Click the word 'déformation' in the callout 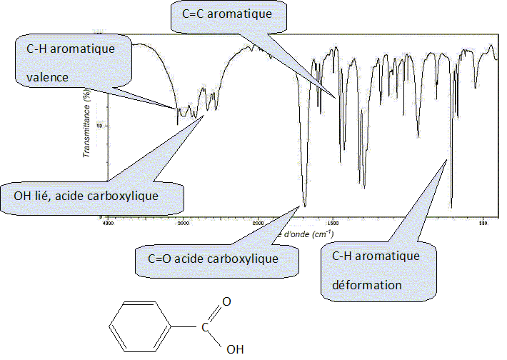pyautogui.click(x=367, y=284)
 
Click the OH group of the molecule pyautogui.click(x=234, y=350)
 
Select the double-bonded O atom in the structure pyautogui.click(x=226, y=301)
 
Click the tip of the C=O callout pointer pyautogui.click(x=300, y=206)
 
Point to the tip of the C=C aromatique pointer pyautogui.click(x=334, y=98)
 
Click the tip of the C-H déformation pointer pyautogui.click(x=445, y=161)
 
